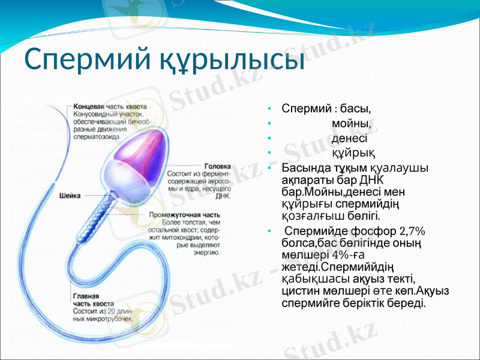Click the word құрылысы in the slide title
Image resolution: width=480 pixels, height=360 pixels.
point(231,60)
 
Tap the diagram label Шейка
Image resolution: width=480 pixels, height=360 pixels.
point(70,196)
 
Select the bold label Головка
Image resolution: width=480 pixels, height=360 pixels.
point(217,166)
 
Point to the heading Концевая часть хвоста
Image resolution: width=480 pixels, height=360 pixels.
point(110,106)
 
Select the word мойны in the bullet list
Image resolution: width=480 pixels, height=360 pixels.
point(351,123)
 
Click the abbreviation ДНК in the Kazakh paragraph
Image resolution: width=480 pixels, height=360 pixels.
point(372,181)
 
